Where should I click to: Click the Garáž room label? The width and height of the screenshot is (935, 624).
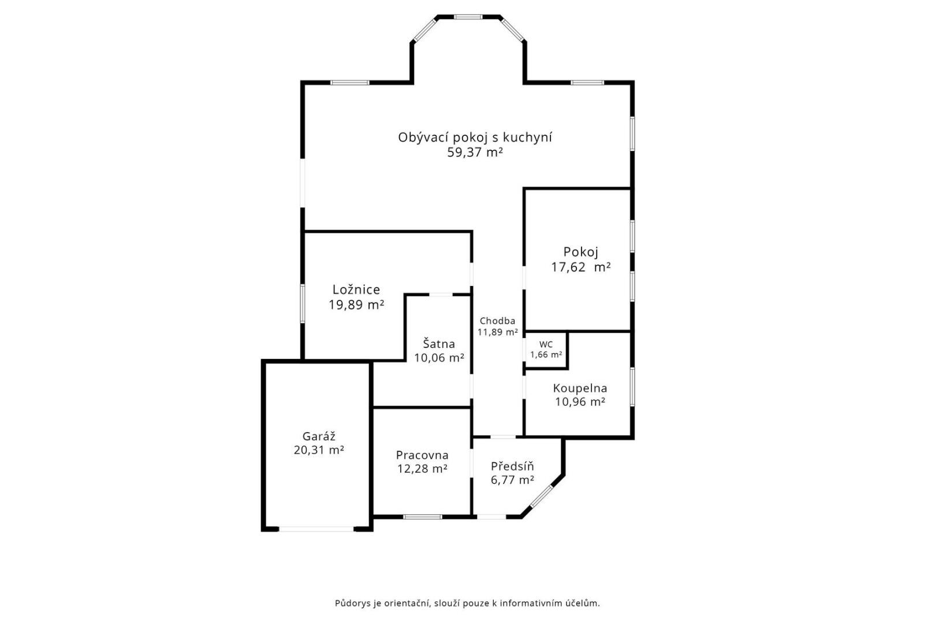tap(319, 436)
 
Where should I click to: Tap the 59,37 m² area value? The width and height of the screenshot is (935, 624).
tap(475, 153)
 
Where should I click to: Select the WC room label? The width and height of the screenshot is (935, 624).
tap(546, 344)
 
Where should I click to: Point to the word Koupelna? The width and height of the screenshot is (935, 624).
tap(580, 388)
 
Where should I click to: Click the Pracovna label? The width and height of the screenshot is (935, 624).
tap(422, 455)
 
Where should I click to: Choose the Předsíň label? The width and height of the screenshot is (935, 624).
tap(513, 466)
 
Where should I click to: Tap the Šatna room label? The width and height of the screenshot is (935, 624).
tap(439, 344)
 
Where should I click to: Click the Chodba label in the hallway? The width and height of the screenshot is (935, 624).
tap(498, 321)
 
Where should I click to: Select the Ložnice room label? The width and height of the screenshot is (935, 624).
tap(356, 289)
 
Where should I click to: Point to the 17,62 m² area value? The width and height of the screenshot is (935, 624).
tap(581, 267)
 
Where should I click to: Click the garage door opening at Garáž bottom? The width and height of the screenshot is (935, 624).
tap(316, 529)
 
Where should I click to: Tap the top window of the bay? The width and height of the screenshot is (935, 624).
tap(469, 17)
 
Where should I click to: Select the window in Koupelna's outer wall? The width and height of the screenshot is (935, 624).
tap(632, 387)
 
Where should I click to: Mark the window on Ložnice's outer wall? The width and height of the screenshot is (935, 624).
tap(303, 304)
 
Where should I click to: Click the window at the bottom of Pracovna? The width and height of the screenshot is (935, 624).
tap(422, 517)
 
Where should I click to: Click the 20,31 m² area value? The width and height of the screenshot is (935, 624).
tap(319, 450)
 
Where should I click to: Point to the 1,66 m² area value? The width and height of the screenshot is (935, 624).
tap(546, 355)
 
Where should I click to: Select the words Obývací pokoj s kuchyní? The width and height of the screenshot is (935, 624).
tap(475, 138)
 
